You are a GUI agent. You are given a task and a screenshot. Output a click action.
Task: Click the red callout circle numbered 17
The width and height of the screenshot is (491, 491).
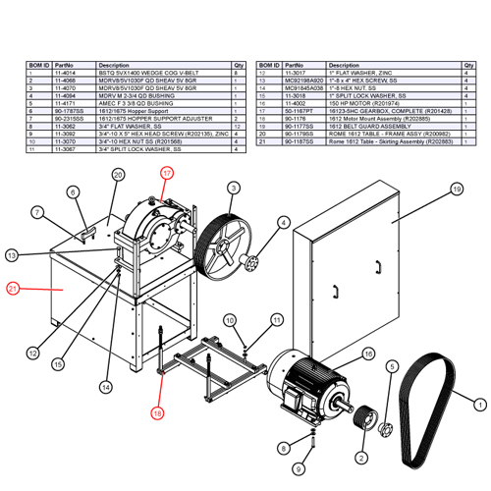point(167,173)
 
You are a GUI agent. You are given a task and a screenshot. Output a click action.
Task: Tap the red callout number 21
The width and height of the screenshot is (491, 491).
point(13,289)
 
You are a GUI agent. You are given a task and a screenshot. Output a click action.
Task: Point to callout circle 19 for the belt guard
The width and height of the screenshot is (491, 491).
point(456,189)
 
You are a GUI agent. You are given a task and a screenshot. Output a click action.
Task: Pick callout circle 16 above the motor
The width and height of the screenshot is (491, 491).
point(369,354)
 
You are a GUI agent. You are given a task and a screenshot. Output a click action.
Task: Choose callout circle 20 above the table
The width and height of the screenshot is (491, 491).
point(118,176)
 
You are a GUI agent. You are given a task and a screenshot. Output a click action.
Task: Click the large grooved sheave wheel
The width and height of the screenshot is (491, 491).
point(224,241)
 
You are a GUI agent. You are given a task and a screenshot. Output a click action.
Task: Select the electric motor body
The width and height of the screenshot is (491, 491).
point(309,378)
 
